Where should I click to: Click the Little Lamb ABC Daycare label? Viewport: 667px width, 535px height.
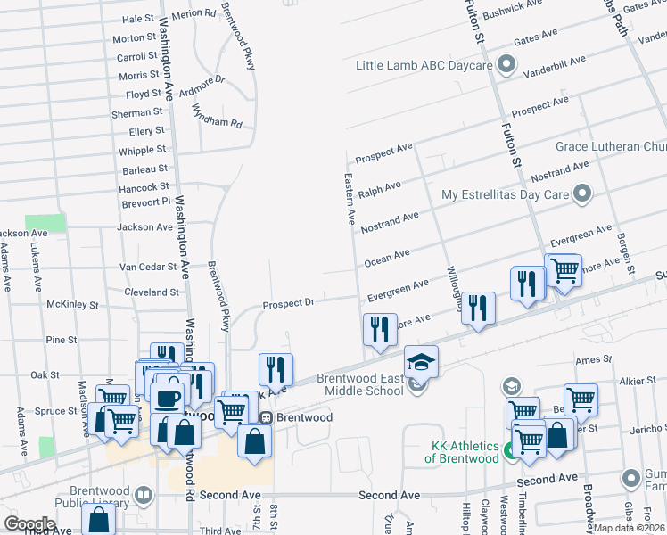pos(424,66)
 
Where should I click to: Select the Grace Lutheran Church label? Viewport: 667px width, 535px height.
pos(611,146)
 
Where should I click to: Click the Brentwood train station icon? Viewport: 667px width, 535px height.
pos(265,418)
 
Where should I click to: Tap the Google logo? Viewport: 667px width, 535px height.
pos(29,523)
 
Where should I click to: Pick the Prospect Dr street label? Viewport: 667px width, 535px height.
pos(288,304)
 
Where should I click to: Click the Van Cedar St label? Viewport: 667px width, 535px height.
pos(149,267)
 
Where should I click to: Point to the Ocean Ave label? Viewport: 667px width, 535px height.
pos(387,258)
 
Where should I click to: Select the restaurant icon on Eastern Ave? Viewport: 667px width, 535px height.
pos(381,327)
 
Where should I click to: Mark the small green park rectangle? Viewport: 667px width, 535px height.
pos(45,223)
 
